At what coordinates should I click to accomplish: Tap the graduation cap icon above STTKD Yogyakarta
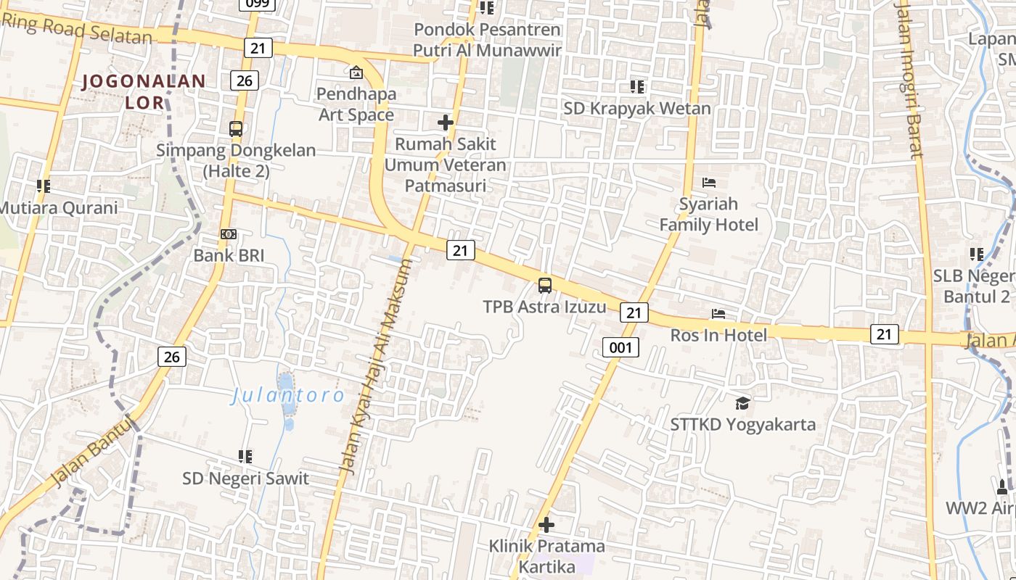[x=742, y=403]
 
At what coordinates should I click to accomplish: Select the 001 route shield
[x=620, y=347]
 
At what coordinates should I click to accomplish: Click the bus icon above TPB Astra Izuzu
[x=545, y=286]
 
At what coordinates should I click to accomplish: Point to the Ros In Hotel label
[x=718, y=335]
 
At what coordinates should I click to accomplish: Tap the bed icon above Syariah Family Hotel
[x=709, y=183]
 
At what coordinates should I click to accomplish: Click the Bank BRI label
[x=229, y=255]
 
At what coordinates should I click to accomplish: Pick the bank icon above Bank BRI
[x=229, y=234]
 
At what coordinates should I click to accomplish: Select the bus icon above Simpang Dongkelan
[x=236, y=129]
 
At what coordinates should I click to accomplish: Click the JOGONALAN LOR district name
[x=144, y=91]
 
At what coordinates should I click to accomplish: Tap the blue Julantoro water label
[x=288, y=396]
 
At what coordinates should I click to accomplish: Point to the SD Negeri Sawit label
[x=245, y=478]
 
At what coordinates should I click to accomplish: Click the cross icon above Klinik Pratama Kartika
[x=546, y=524]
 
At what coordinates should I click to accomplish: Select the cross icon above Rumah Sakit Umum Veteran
[x=446, y=123]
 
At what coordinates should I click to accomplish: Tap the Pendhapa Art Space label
[x=356, y=104]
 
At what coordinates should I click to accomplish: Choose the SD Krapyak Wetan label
[x=638, y=108]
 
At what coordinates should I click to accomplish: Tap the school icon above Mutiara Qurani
[x=44, y=186]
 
